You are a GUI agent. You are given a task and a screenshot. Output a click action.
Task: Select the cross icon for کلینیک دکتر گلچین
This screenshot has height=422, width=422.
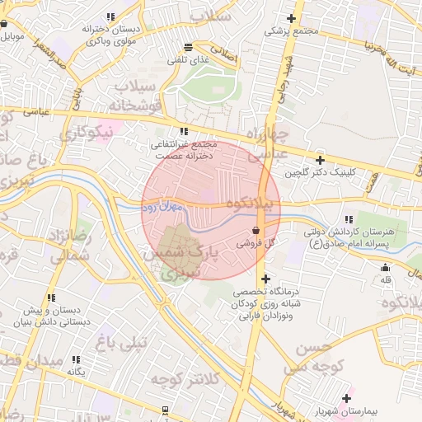coord(321,160)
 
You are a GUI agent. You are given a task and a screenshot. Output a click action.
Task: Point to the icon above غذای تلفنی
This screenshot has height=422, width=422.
coord(189,47)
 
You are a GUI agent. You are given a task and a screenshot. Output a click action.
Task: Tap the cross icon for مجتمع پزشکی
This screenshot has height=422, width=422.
coord(291,18)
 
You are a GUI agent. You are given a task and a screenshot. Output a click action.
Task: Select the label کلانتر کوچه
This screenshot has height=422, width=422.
coord(185,379)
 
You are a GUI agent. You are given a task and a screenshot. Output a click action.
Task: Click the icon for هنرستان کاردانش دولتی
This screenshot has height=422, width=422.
coord(349,218)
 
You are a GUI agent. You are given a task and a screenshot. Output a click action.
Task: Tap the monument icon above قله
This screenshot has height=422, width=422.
coord(385,267)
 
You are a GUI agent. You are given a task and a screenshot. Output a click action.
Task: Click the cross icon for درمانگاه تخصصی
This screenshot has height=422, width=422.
coord(265,279)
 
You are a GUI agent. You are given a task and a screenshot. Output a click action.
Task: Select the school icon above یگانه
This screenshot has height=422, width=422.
coord(76,359)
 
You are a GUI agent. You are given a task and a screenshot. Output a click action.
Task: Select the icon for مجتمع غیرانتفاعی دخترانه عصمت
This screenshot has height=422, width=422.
coord(184,131)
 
